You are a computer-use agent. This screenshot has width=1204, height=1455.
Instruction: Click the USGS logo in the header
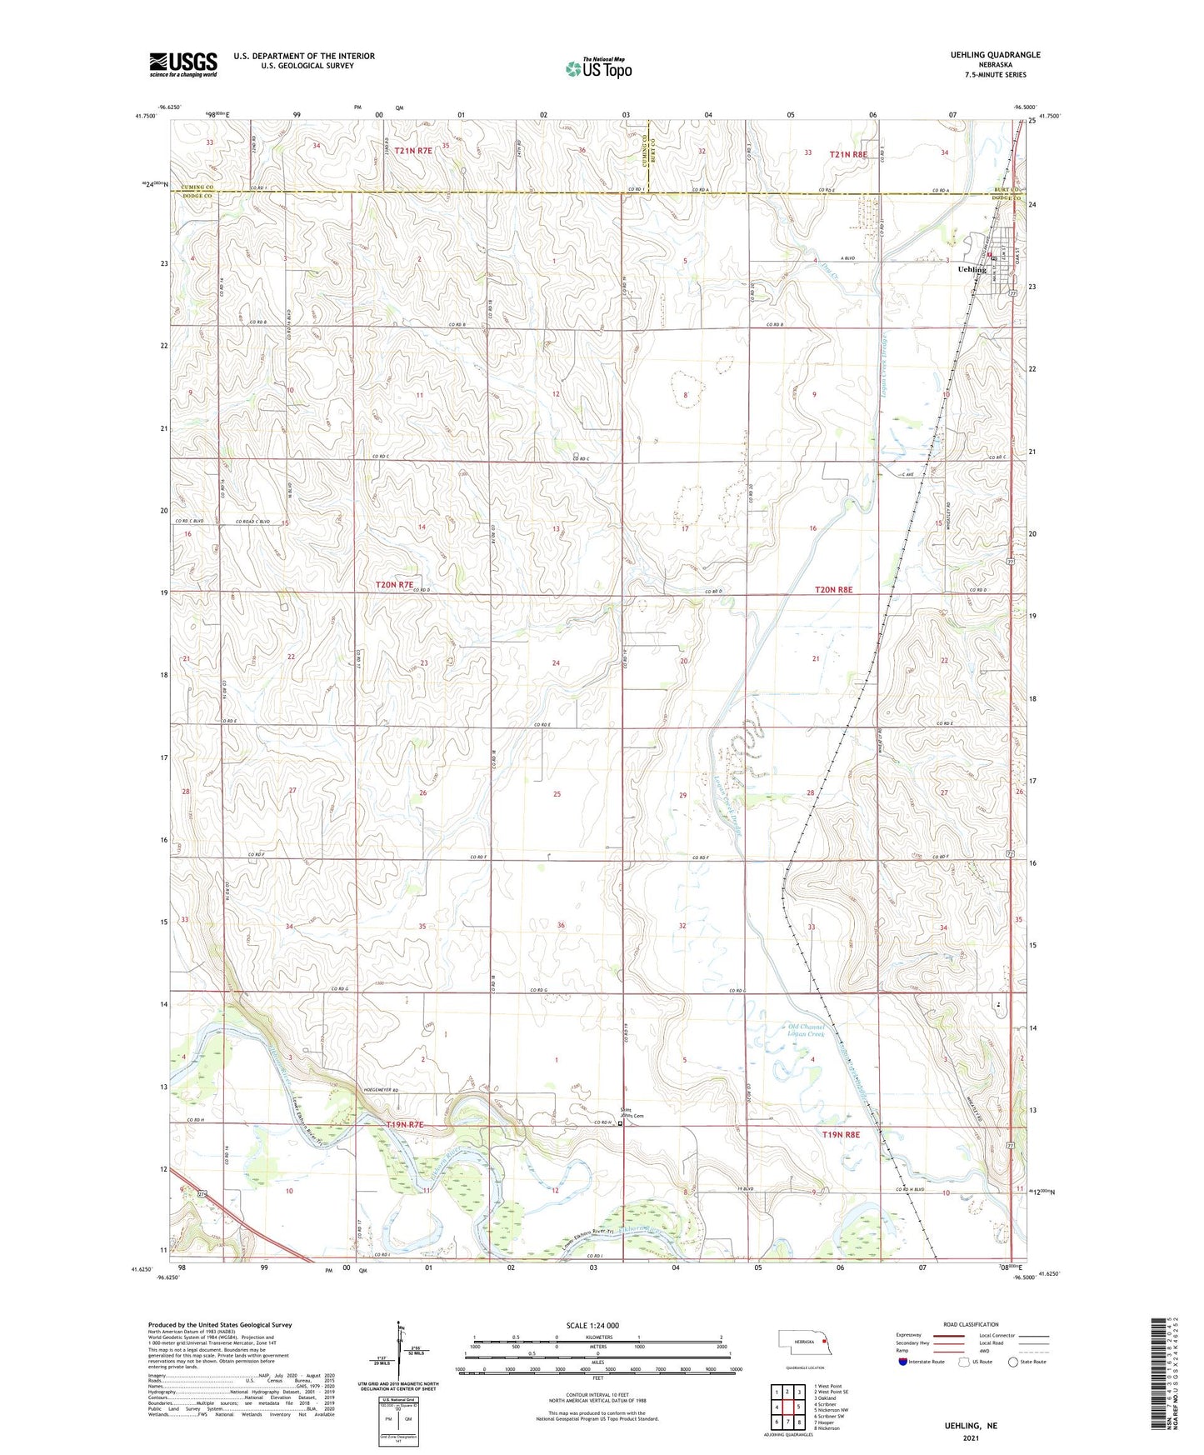pos(182,63)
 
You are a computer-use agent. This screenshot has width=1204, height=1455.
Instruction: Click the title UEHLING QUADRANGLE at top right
pos(995,55)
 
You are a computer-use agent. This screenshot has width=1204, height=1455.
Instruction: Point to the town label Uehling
pos(972,270)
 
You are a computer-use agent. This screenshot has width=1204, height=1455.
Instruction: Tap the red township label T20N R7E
pos(394,585)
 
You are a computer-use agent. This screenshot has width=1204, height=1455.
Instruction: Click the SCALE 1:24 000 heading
pos(592,1326)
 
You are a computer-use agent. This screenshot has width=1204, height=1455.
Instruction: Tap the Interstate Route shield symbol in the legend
pos(902,1362)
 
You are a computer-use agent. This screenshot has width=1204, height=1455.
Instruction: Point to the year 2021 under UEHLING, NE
pos(970,1438)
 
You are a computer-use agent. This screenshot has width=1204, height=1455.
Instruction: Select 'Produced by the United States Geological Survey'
pos(220,1324)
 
